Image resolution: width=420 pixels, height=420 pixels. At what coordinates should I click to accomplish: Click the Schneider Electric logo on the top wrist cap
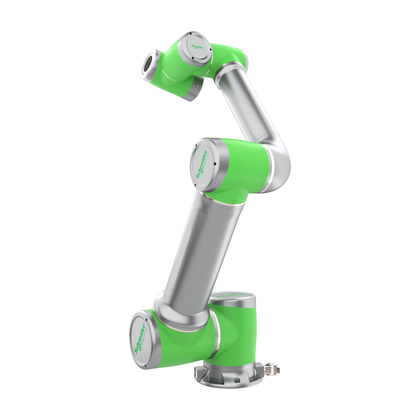tap(197, 48)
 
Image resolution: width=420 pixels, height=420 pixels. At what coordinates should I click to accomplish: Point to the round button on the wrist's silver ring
tap(195, 86)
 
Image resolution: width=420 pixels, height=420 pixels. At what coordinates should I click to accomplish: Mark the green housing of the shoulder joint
tap(183, 343)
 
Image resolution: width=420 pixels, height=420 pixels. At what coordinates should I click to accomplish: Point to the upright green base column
tap(238, 334)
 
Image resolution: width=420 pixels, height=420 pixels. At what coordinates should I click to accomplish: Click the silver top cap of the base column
tap(233, 298)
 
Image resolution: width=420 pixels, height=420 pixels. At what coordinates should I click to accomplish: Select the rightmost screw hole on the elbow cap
tap(215, 164)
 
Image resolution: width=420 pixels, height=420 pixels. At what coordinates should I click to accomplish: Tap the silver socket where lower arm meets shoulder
tap(180, 312)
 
